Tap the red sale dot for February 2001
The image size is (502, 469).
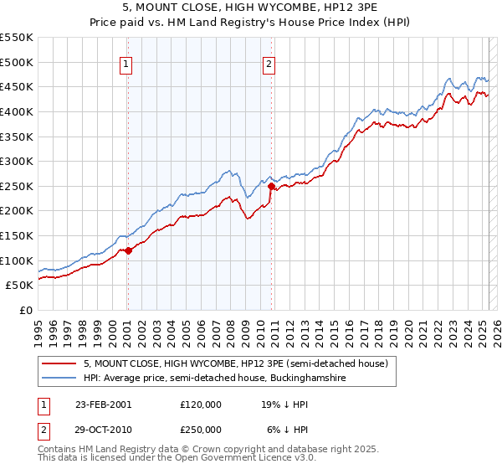(128, 250)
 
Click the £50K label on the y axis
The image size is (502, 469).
(19, 286)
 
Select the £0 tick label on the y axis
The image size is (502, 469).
(26, 311)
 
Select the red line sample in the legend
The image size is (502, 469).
(59, 364)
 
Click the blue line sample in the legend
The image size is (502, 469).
(59, 379)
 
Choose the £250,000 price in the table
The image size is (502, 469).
(201, 430)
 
